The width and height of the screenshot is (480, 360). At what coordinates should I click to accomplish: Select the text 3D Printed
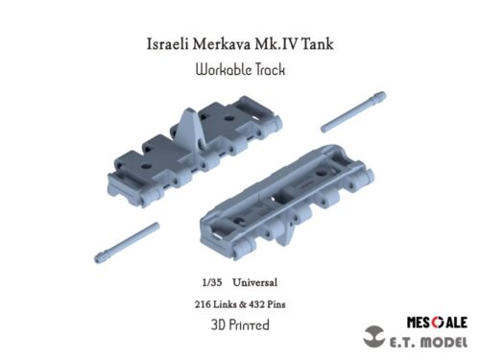(240, 324)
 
